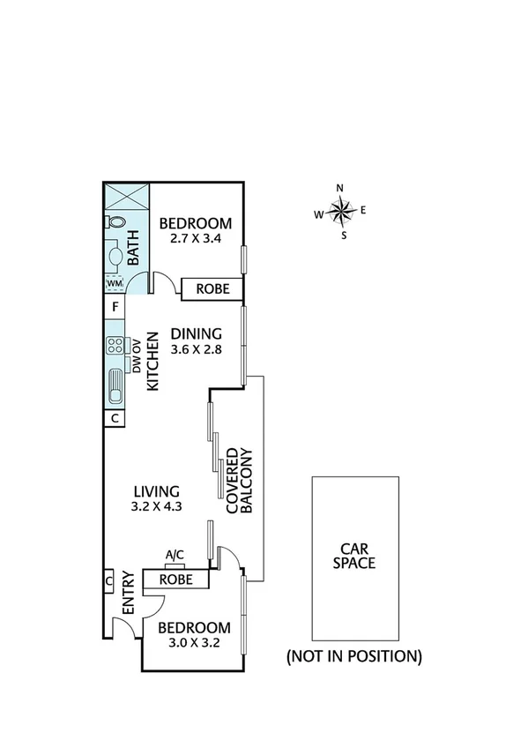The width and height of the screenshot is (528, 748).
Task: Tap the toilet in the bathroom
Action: tap(115, 222)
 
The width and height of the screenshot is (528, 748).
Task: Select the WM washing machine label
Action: tap(114, 282)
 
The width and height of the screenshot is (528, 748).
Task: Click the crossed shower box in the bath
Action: tap(125, 196)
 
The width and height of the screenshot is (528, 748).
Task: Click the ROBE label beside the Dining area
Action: tap(212, 288)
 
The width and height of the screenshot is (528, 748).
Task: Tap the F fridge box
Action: tap(114, 308)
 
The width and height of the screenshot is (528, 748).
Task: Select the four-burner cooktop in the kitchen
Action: tap(115, 346)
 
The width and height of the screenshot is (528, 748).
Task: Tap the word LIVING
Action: tap(157, 491)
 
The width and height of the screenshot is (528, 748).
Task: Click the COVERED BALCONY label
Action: tap(240, 481)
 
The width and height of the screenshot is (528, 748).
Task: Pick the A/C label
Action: tap(175, 555)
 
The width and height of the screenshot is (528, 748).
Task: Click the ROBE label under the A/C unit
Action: tap(176, 579)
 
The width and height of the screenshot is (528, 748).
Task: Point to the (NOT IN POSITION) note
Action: tap(353, 656)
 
